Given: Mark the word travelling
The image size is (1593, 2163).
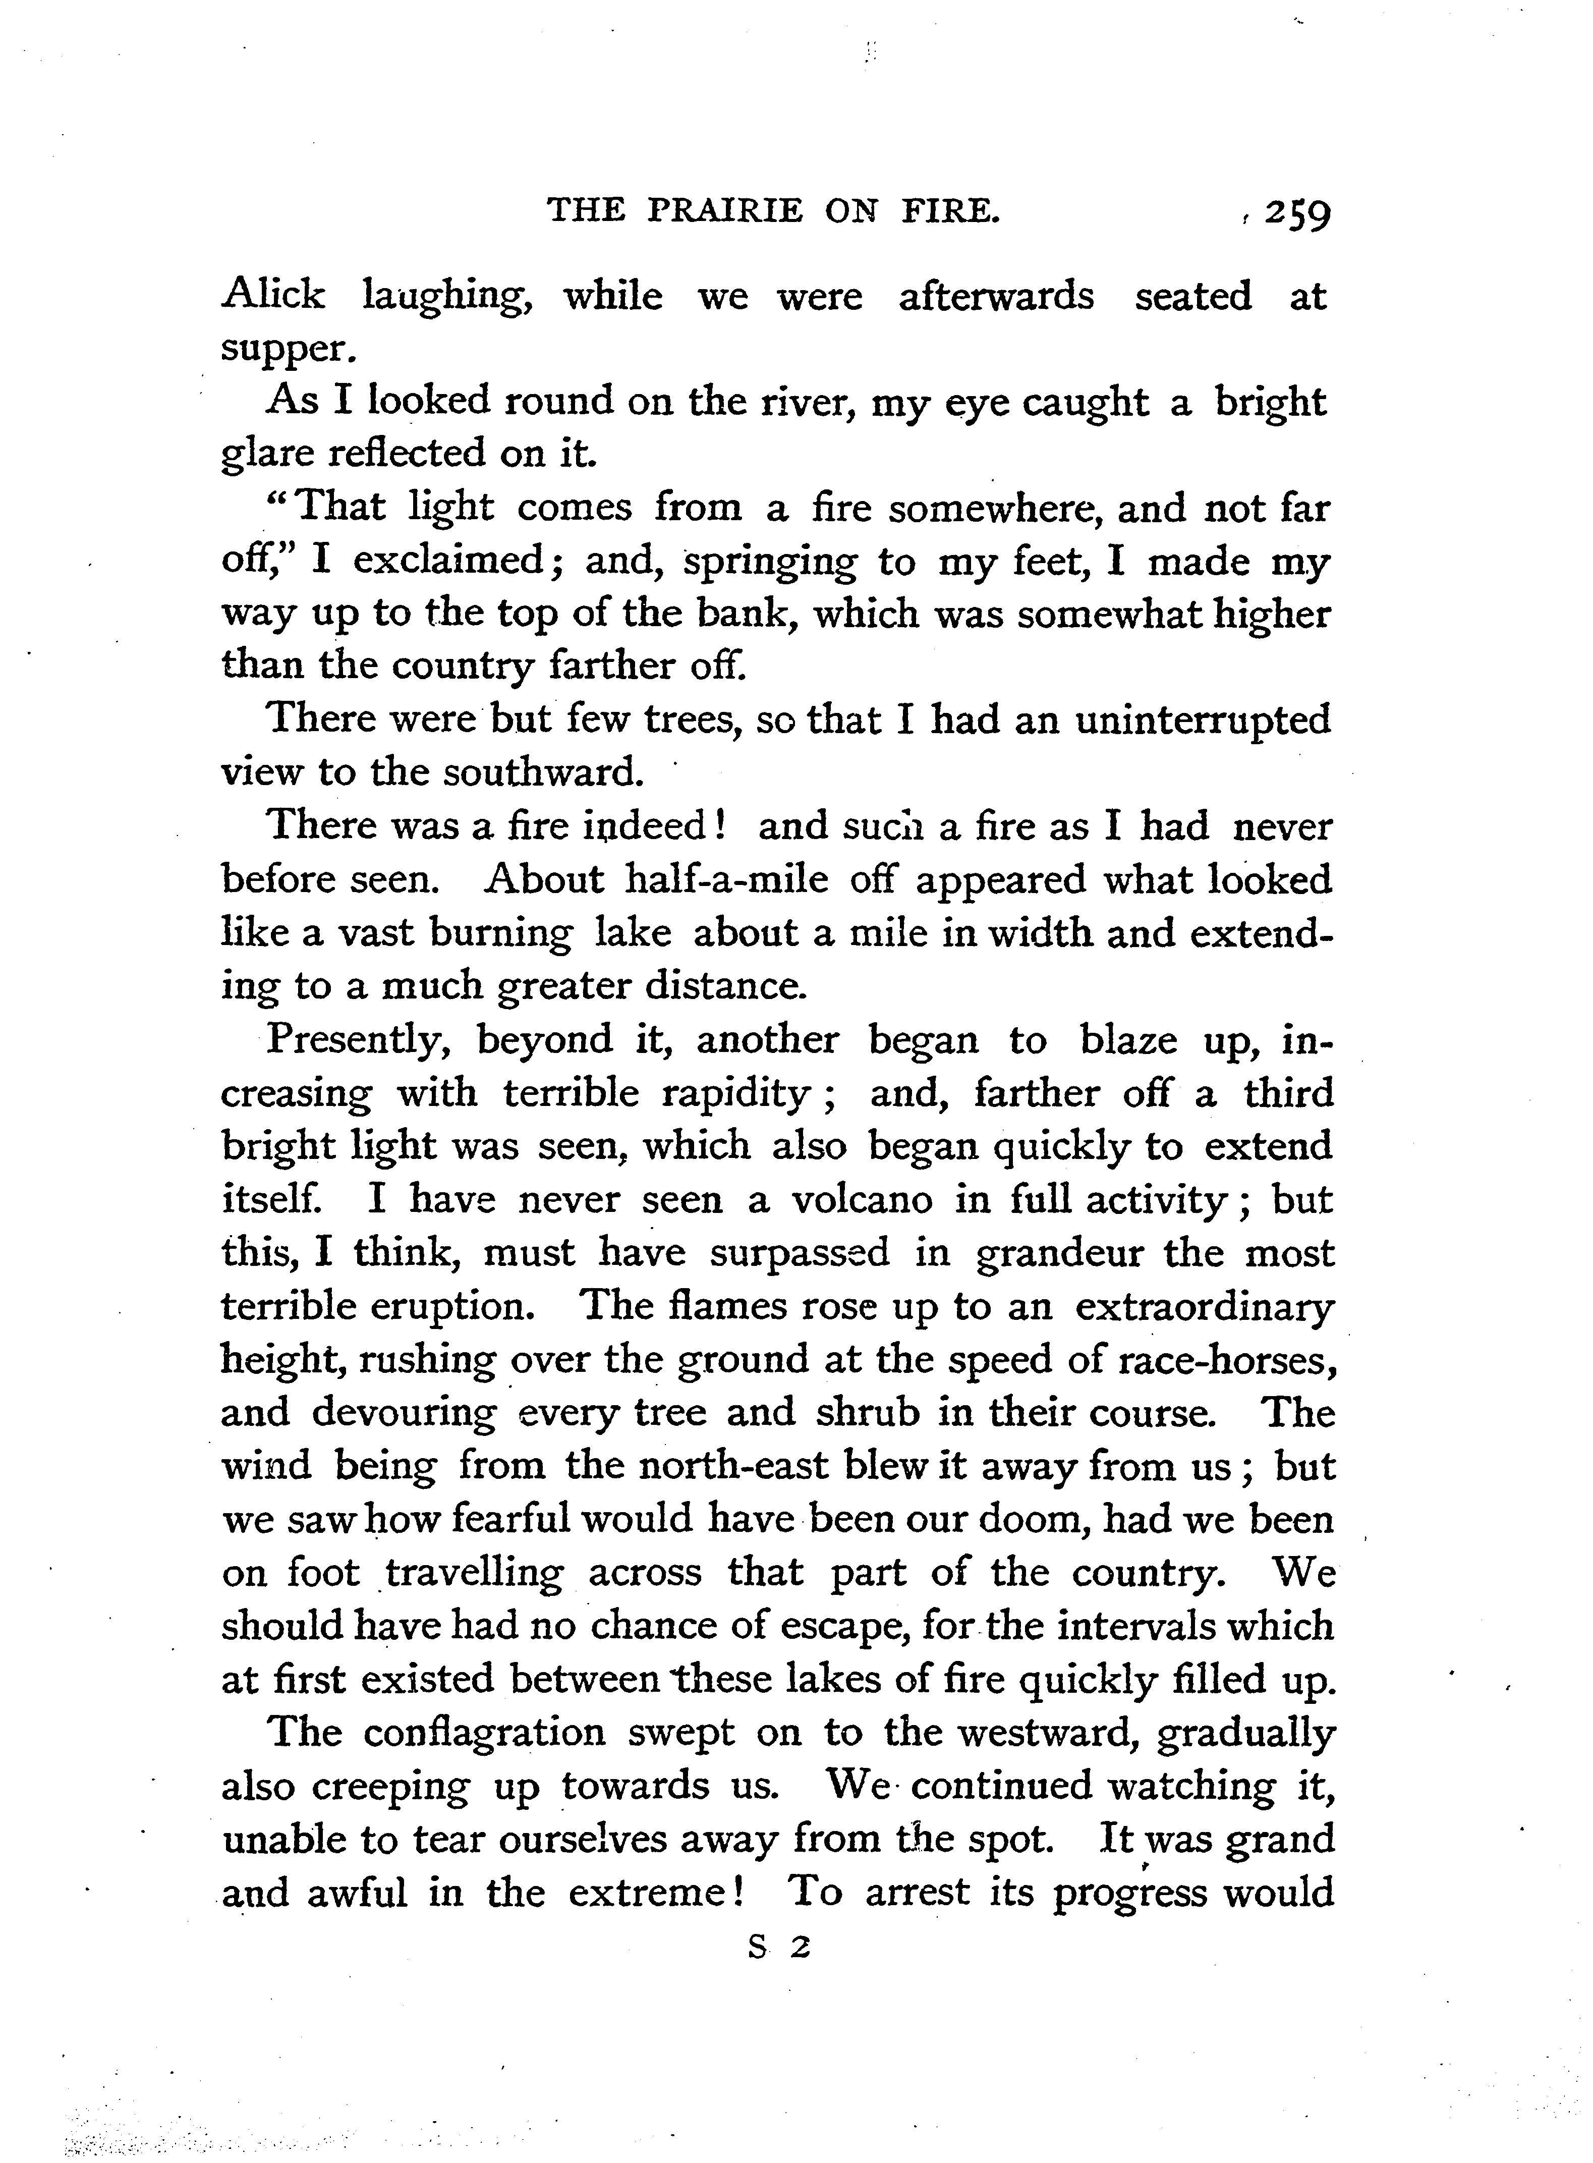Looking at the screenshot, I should coord(475,1574).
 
